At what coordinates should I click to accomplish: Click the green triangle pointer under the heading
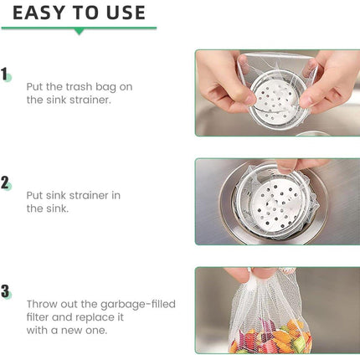click(x=80, y=32)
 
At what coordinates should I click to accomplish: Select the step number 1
click(x=4, y=75)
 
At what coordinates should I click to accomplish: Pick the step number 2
click(x=5, y=183)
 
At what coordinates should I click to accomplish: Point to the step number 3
click(x=5, y=291)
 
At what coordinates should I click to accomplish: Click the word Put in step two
click(x=34, y=195)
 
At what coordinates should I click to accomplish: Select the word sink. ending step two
click(x=57, y=208)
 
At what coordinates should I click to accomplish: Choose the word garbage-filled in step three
click(x=138, y=304)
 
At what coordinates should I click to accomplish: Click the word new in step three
click(x=72, y=331)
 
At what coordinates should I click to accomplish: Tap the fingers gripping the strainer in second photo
click(x=299, y=165)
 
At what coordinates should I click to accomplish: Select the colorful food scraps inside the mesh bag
click(x=270, y=337)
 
